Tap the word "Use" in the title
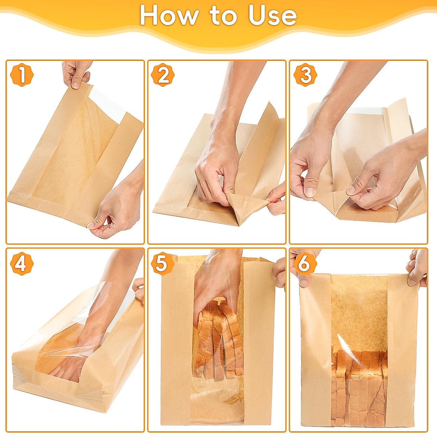(x=272, y=15)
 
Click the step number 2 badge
(x=163, y=75)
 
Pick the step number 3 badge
(x=305, y=75)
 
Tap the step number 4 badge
(x=21, y=264)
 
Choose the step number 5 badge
(x=162, y=264)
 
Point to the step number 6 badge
(x=304, y=264)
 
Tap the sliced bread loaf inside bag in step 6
(x=359, y=386)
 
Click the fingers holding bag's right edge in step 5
(x=280, y=273)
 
